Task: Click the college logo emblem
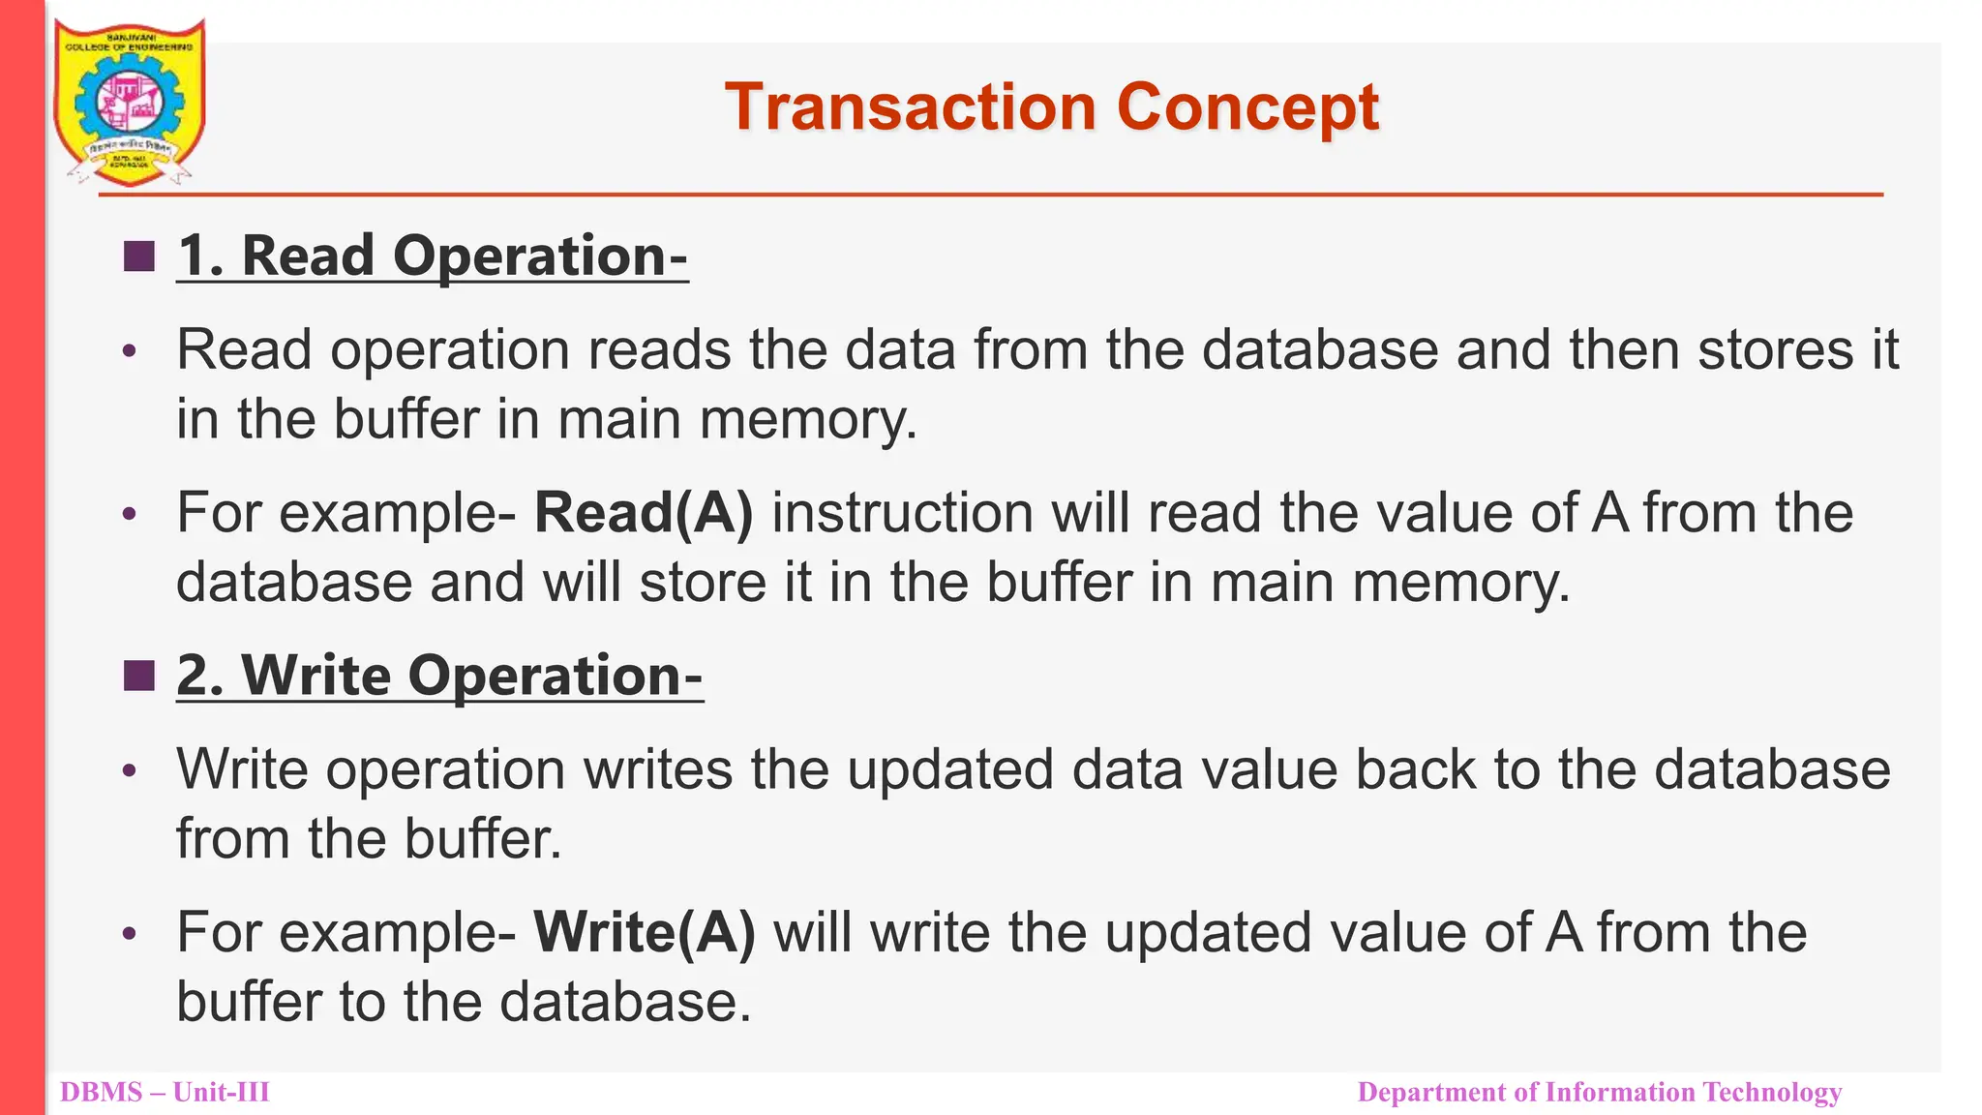coord(129,103)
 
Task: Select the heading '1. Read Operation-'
coord(432,256)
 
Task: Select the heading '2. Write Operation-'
coord(439,676)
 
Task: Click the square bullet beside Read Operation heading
coord(139,256)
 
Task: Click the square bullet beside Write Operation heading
coord(139,676)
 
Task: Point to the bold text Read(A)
coord(643,513)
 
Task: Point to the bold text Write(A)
coord(644,933)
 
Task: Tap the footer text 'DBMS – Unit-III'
coord(165,1093)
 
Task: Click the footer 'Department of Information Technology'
coord(1599,1093)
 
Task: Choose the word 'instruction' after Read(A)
coord(902,513)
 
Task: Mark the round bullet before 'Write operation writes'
coord(131,771)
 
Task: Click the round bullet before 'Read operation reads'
coord(131,351)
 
